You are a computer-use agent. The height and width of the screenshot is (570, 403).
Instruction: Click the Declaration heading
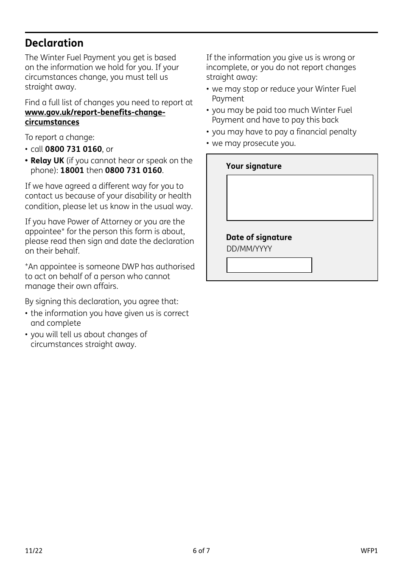pos(54,43)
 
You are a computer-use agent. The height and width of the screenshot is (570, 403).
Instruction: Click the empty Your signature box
pos(299,198)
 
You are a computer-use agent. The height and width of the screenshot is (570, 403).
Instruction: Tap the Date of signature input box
pos(269,265)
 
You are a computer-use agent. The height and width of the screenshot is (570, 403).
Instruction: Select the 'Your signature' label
pos(254,166)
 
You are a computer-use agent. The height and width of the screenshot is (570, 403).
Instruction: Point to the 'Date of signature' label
pos(259,237)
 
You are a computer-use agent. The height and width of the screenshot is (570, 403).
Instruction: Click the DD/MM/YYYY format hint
pos(249,249)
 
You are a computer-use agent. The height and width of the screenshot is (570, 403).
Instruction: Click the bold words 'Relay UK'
pos(47,161)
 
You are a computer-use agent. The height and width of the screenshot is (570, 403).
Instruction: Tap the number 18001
pos(72,170)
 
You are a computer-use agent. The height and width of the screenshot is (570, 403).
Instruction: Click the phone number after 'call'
pos(73,149)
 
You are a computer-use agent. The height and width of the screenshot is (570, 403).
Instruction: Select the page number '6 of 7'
pos(201,551)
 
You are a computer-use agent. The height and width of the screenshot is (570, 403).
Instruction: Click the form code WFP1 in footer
pos(369,551)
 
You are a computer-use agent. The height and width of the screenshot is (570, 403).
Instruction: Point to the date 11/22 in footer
pos(34,551)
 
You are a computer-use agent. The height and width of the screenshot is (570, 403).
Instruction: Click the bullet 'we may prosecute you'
pos(254,143)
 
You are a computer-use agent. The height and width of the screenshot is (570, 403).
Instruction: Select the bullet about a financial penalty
pos(284,132)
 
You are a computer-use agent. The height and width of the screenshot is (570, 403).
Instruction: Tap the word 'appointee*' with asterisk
pos(43,232)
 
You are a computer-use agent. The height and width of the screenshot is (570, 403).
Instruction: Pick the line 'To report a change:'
pos(60,137)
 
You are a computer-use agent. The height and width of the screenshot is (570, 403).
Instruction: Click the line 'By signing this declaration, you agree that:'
pos(102,302)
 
